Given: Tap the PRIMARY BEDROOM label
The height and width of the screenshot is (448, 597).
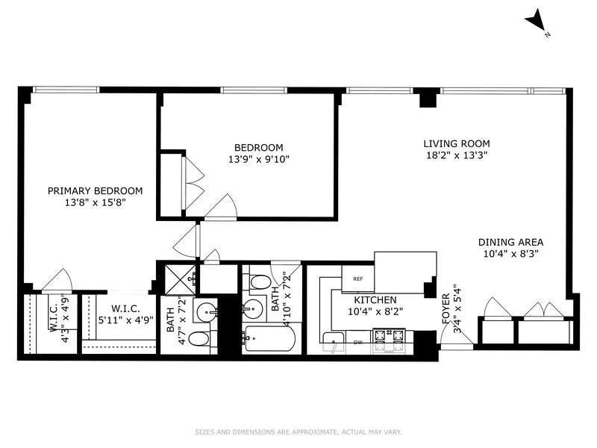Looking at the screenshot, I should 96,191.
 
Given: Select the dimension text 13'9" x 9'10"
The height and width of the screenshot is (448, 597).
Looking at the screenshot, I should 259,158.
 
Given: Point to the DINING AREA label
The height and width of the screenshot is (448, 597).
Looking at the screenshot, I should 510,242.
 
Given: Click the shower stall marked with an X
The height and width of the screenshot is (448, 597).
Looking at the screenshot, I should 177,278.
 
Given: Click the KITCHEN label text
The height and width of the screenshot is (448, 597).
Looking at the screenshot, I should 364,299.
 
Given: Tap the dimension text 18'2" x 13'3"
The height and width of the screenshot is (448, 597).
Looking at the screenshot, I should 457,156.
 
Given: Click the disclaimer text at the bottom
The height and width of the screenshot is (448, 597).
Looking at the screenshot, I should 298,432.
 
